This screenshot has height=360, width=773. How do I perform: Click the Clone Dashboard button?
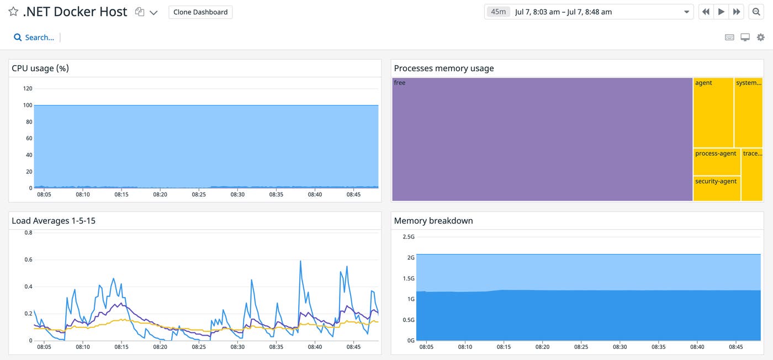click(x=200, y=12)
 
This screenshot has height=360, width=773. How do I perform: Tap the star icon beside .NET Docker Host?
click(x=13, y=12)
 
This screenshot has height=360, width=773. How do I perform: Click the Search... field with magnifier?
click(x=34, y=38)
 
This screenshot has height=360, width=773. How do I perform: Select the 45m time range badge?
click(x=498, y=12)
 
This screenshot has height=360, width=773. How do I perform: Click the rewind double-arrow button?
click(x=706, y=12)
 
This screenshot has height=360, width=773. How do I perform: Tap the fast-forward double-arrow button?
click(x=737, y=12)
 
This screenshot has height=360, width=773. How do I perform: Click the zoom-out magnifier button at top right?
click(x=756, y=12)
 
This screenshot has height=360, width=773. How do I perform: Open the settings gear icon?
click(x=761, y=38)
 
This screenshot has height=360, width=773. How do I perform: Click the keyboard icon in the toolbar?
click(x=729, y=38)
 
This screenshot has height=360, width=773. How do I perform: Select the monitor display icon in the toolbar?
click(x=745, y=38)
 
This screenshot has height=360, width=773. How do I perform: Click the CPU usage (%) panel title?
click(x=40, y=68)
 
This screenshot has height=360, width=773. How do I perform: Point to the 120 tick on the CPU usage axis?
click(x=28, y=89)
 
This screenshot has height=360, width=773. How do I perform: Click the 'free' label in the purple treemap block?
click(x=400, y=83)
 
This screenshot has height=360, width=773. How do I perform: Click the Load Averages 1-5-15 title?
click(x=54, y=221)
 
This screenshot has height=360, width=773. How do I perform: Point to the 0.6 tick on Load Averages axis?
click(x=28, y=260)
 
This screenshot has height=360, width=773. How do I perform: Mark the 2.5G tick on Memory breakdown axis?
click(x=408, y=237)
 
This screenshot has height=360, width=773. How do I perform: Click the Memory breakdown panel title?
click(x=433, y=221)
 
